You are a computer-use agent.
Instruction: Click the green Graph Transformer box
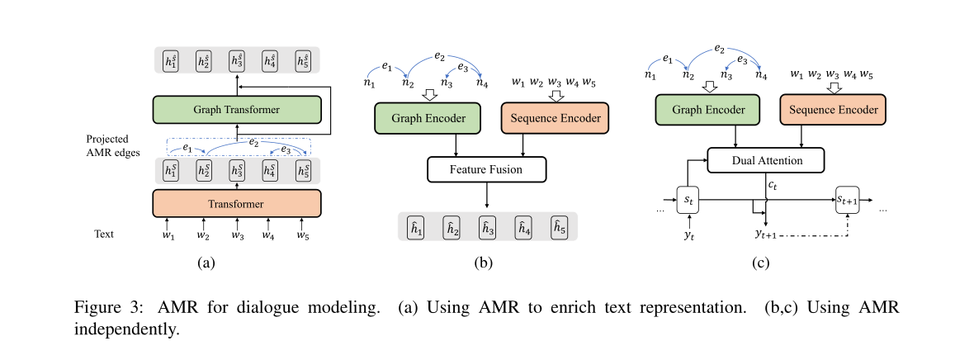236,109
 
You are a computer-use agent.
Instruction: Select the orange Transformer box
236,203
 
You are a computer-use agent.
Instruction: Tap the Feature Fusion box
486,170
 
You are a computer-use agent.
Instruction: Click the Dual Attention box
765,159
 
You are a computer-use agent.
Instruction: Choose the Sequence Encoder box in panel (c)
833,109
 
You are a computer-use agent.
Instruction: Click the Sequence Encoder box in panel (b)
554,117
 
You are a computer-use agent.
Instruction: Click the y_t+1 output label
768,234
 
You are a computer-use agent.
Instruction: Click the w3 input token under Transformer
238,235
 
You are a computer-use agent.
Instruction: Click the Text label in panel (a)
105,234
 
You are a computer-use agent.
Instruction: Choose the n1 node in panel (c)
650,75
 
